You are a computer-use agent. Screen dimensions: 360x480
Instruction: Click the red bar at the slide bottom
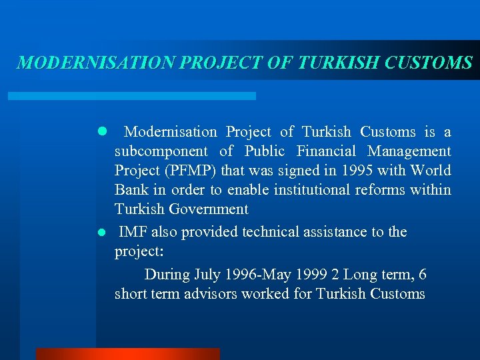tap(127, 354)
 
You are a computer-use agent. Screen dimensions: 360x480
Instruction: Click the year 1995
tap(356, 171)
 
